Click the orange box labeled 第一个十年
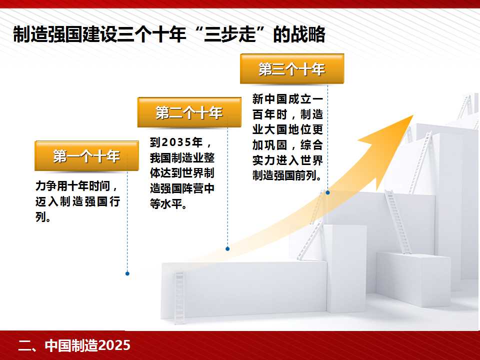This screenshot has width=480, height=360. point(86,156)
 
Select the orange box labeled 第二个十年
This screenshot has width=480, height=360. point(189,112)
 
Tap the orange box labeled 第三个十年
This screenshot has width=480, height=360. point(292,69)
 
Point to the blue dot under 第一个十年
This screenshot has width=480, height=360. point(127,273)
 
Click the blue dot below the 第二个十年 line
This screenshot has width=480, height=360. point(227,249)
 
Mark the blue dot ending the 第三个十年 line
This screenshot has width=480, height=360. point(328,192)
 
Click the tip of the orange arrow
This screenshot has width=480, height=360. point(413,115)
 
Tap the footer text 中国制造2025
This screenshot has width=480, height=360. point(87,345)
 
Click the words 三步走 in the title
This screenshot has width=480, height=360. point(229,34)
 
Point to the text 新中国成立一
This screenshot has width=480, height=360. point(288,99)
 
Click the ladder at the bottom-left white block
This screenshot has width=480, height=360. point(179,297)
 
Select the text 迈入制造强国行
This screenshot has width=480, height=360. point(78,201)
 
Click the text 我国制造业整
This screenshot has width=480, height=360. point(182,158)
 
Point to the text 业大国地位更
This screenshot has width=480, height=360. point(288,130)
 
